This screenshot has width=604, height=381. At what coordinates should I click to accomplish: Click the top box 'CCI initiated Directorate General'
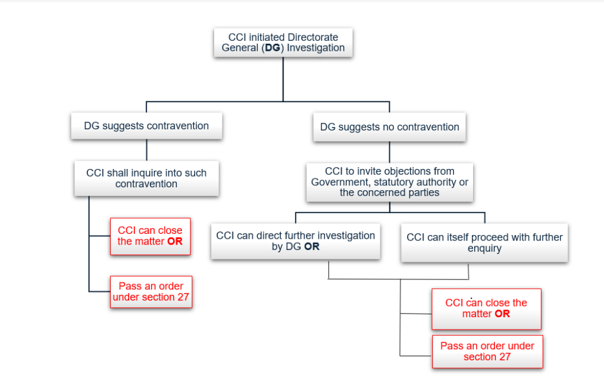pyautogui.click(x=283, y=42)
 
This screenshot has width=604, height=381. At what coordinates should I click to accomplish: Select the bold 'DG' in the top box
pyautogui.click(x=273, y=48)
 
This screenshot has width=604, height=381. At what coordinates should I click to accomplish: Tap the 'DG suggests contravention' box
pyautogui.click(x=146, y=126)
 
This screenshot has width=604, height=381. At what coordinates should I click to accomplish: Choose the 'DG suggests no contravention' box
pyautogui.click(x=389, y=127)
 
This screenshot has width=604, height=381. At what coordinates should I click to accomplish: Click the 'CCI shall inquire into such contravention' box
pyautogui.click(x=146, y=178)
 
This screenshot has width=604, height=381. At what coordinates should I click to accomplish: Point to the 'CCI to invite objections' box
pyautogui.click(x=389, y=182)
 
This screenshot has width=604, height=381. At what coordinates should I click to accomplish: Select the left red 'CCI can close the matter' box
pyautogui.click(x=150, y=236)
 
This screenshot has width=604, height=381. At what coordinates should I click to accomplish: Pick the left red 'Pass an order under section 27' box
pyautogui.click(x=150, y=291)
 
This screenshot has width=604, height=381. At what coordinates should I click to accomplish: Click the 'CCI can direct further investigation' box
pyautogui.click(x=296, y=241)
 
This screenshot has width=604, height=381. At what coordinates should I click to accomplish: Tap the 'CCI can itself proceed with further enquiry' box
pyautogui.click(x=484, y=243)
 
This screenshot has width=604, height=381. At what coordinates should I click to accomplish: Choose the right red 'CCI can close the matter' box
pyautogui.click(x=486, y=308)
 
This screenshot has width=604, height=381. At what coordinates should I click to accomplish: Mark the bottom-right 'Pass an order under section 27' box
pyautogui.click(x=487, y=351)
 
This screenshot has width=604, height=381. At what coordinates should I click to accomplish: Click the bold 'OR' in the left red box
pyautogui.click(x=175, y=242)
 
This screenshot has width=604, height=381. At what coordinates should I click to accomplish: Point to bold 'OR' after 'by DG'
pyautogui.click(x=311, y=247)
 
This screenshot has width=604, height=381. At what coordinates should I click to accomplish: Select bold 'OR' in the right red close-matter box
pyautogui.click(x=502, y=314)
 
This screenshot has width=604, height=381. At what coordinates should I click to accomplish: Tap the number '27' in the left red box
pyautogui.click(x=183, y=297)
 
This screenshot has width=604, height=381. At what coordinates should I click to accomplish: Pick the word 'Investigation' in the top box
pyautogui.click(x=316, y=48)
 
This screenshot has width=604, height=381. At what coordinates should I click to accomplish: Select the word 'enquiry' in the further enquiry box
pyautogui.click(x=484, y=249)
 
